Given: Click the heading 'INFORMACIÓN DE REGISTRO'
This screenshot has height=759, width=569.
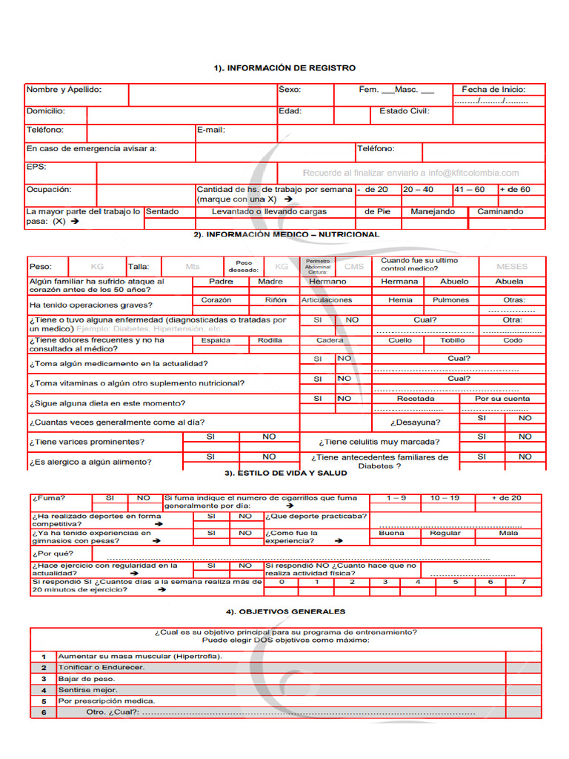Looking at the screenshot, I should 284,68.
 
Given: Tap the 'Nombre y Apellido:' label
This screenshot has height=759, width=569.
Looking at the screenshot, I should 64,90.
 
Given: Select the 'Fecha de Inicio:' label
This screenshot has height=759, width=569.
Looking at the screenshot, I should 493,90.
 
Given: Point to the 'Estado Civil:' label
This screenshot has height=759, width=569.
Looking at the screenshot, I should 405,111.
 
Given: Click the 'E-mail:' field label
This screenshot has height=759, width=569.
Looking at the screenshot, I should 211,130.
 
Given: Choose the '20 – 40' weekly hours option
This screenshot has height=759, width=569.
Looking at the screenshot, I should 419,190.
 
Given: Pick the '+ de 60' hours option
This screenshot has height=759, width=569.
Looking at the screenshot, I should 515,190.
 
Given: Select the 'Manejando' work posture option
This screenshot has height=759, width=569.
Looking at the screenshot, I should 433,212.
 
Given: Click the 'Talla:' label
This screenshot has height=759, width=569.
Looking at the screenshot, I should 139,267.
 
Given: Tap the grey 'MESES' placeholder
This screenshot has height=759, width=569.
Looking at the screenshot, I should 512,267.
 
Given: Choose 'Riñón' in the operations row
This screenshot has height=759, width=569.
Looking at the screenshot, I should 276,300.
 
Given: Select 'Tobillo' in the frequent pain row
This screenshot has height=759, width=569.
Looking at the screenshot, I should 453,341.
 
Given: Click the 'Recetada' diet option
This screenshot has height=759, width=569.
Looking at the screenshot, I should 416,399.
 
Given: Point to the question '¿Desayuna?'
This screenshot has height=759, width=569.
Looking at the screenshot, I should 415,422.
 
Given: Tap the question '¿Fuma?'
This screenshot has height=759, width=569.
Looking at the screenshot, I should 48,499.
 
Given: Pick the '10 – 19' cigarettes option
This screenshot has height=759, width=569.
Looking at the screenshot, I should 445,499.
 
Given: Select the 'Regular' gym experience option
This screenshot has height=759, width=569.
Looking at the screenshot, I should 445,534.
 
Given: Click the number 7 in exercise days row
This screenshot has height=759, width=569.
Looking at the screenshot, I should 523,583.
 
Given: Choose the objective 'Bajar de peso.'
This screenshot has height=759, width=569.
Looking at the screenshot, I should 87,679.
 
